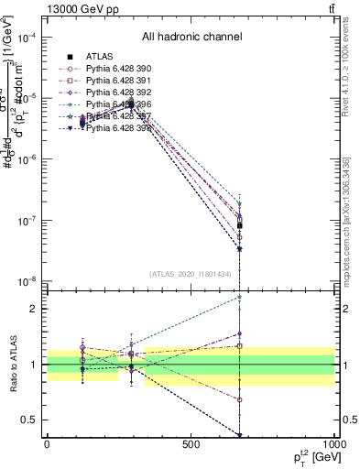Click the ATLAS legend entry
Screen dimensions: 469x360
pyautogui.click(x=98, y=56)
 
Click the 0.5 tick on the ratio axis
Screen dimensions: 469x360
pyautogui.click(x=33, y=420)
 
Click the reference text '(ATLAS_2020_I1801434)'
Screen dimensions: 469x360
pyautogui.click(x=191, y=274)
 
